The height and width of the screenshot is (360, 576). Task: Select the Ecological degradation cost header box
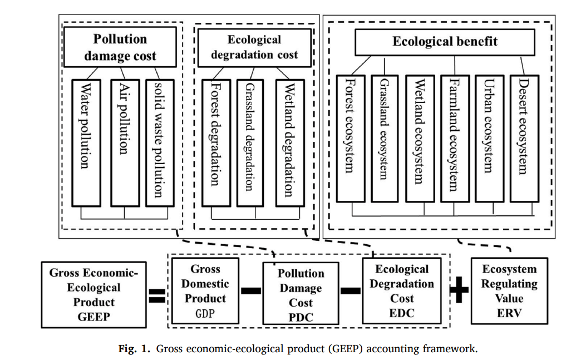(254, 48)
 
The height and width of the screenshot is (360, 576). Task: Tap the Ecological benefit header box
(445, 42)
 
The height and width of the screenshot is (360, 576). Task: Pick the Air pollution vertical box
(124, 142)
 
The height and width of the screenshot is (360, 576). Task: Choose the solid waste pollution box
(159, 142)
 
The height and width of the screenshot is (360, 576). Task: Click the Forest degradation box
(215, 142)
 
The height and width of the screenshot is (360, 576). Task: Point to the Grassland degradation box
(250, 142)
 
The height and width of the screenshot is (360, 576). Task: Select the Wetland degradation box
(289, 142)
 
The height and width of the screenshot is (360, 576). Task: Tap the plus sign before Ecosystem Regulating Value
(459, 291)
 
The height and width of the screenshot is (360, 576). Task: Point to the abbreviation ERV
(509, 312)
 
